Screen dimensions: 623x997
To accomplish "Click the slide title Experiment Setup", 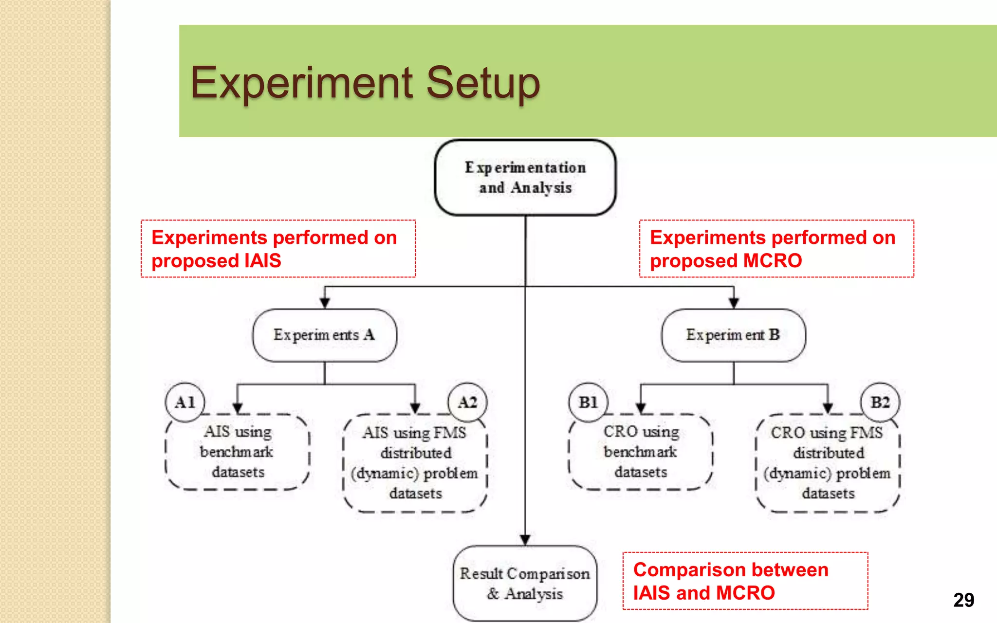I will [x=365, y=83].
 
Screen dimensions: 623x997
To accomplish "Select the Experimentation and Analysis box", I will [x=525, y=178].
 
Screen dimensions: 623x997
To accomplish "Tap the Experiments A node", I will [x=324, y=335].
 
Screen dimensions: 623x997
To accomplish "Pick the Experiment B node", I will [x=733, y=335].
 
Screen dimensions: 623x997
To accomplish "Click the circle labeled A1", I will [x=185, y=402].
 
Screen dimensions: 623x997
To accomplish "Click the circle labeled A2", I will [x=467, y=402].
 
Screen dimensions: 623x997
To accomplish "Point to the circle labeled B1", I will [x=588, y=402].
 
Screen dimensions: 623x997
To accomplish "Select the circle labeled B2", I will [x=880, y=402].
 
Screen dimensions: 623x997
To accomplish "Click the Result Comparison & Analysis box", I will [x=525, y=583].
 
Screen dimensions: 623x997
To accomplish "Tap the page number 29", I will [x=963, y=600].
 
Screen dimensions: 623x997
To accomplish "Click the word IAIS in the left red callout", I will [x=262, y=261].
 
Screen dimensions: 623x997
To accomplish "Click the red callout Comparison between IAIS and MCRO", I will [x=745, y=581].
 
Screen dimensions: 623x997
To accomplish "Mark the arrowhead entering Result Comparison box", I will [x=525, y=540].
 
